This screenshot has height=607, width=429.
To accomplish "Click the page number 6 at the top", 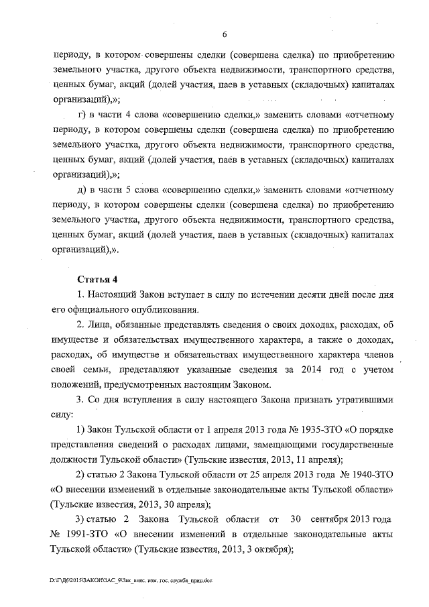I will coord(225,34).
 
